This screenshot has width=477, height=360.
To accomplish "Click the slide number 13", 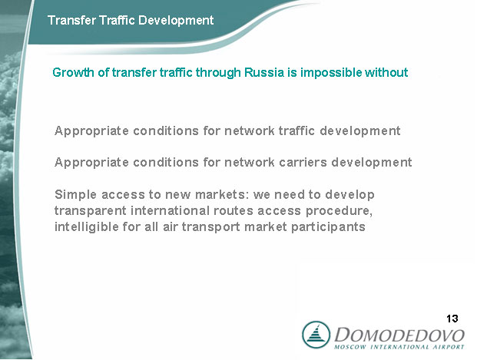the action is pyautogui.click(x=452, y=319).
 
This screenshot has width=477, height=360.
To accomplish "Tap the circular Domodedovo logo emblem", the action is pyautogui.click(x=316, y=335).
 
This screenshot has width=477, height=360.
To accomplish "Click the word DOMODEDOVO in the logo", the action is pyautogui.click(x=399, y=335).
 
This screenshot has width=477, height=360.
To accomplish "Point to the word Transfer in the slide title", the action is pyautogui.click(x=71, y=20).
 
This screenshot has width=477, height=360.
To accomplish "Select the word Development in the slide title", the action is pyautogui.click(x=176, y=21).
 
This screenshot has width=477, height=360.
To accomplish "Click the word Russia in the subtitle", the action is pyautogui.click(x=265, y=72).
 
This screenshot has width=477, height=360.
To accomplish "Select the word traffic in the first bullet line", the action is pyautogui.click(x=296, y=130).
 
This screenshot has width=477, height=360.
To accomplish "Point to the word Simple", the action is pyautogui.click(x=76, y=195).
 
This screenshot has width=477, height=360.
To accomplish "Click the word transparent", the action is pyautogui.click(x=90, y=211).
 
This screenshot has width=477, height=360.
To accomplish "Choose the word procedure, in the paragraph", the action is pyautogui.click(x=339, y=211).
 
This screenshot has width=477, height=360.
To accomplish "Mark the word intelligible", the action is pyautogui.click(x=86, y=227).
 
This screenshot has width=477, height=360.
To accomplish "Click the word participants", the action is pyautogui.click(x=328, y=227).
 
